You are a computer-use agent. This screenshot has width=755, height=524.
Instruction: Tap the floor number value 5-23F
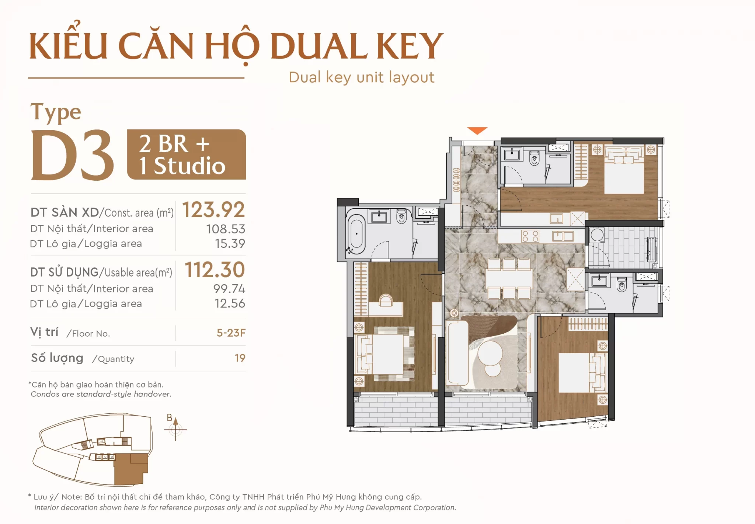pyautogui.click(x=231, y=333)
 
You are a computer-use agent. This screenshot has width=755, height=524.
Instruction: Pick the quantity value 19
pyautogui.click(x=240, y=358)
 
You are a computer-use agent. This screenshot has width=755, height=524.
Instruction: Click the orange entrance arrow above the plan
pyautogui.click(x=477, y=131)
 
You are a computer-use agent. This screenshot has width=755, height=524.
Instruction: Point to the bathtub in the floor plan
pyautogui.click(x=356, y=233)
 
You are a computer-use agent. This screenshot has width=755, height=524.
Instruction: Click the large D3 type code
pyautogui.click(x=72, y=155)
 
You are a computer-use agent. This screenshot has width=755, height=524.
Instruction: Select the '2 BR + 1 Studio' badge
pyautogui.click(x=186, y=155)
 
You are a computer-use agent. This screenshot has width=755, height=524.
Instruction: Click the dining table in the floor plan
pyautogui.click(x=509, y=279)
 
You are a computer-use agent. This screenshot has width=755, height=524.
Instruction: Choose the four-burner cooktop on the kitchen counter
pyautogui.click(x=530, y=236)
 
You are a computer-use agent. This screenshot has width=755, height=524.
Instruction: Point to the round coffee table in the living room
pyautogui.click(x=490, y=353)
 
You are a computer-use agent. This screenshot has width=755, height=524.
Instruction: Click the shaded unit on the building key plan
pyautogui.click(x=131, y=469)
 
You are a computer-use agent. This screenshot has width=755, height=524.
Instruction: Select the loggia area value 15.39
pyautogui.click(x=230, y=243)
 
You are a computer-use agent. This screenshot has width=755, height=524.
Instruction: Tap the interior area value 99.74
pyautogui.click(x=229, y=289)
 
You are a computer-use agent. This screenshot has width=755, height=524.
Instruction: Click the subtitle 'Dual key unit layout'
pyautogui.click(x=361, y=77)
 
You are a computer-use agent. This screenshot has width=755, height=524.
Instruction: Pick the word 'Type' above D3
pyautogui.click(x=56, y=112)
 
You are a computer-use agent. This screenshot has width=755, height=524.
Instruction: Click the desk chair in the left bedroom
pyautogui.click(x=386, y=300)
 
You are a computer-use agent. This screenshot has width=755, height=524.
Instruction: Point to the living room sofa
pyautogui.click(x=457, y=353)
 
